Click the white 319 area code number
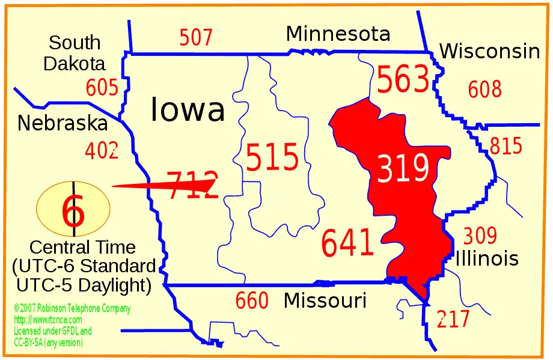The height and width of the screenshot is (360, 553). tap(403, 168)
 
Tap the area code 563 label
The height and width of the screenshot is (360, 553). tap(403, 80)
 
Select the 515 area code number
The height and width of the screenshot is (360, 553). tap(272, 158)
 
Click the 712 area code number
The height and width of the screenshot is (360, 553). tap(191, 185)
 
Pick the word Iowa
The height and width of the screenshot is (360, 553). tap(188, 109)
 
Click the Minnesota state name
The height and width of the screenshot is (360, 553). tap(338, 34)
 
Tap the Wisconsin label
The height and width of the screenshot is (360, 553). tap(489, 52)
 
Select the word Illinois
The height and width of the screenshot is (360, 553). tap(487, 258)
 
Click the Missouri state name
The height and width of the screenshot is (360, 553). tap(325, 300)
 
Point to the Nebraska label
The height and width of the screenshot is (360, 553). tap(62, 123)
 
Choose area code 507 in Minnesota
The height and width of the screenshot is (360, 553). tap(196, 38)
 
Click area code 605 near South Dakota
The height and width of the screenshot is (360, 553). tap(102, 88)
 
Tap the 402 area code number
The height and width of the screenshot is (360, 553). tap(102, 150)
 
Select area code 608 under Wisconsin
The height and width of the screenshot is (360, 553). tap(484, 90)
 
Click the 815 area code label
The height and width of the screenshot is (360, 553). tap(506, 146)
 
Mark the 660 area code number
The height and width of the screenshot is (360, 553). tap(252, 301)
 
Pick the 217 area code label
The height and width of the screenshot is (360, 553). tap(453, 319)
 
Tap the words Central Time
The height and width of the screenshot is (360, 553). tap(82, 247)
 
